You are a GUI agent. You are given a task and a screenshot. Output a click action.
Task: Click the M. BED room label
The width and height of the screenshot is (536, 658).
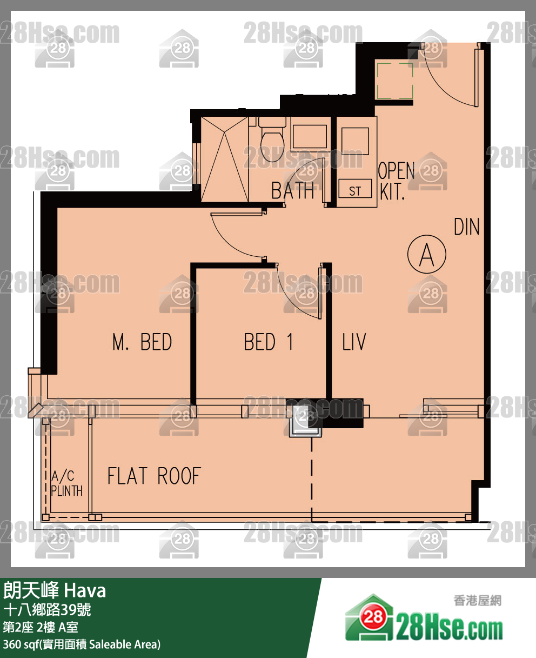(142, 342)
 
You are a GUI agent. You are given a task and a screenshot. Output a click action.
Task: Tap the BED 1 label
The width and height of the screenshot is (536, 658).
(269, 342)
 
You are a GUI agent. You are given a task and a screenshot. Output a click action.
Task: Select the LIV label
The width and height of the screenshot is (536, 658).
(354, 342)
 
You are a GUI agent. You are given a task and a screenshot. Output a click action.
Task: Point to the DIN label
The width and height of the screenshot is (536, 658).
(466, 227)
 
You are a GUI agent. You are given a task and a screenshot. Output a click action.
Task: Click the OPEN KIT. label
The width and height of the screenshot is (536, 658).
(396, 181)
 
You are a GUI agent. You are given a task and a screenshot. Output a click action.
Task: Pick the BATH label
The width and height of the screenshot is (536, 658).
(292, 190)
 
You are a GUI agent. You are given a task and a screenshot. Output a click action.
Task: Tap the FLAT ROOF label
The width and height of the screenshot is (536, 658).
(155, 476)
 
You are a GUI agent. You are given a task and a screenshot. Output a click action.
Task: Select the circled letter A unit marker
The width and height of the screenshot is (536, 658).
(427, 254)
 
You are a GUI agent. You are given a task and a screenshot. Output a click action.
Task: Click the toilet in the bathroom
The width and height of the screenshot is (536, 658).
(272, 139)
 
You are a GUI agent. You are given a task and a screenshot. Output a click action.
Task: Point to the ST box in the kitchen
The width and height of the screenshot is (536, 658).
(355, 189)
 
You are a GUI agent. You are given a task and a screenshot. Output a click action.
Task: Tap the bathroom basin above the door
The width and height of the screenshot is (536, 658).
(310, 136)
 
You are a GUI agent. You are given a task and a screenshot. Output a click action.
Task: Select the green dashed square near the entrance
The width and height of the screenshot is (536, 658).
(395, 81)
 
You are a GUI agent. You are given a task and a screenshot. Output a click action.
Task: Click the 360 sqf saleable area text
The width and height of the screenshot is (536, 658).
(82, 644)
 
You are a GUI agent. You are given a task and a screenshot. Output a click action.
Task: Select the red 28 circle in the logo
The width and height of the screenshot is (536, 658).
(373, 616)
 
